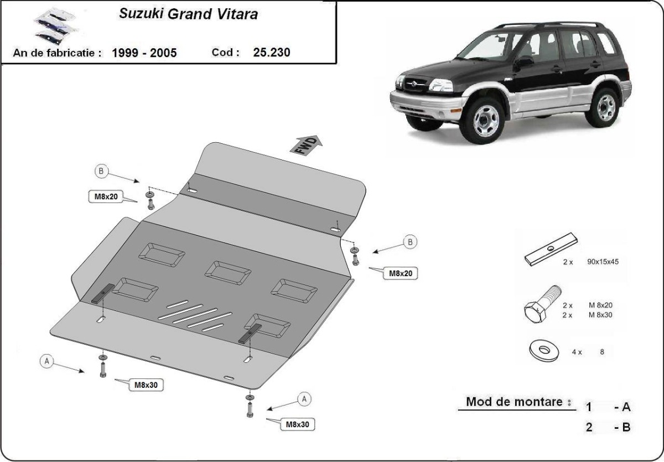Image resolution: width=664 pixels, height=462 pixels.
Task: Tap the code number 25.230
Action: (272, 53)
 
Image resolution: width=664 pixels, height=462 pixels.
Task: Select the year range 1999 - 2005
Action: (144, 53)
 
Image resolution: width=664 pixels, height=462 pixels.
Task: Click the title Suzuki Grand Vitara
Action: (188, 14)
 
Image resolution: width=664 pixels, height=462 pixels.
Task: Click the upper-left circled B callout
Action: (101, 171)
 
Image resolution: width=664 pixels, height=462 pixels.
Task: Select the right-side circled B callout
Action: (410, 242)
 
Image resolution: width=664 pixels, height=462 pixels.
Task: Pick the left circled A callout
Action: (47, 361)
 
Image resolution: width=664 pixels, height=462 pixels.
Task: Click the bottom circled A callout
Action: (303, 398)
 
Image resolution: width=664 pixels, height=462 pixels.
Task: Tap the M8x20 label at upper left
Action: (105, 196)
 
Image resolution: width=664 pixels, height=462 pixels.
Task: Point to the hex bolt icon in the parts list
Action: (539, 307)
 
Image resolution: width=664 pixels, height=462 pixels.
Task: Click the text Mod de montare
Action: (515, 402)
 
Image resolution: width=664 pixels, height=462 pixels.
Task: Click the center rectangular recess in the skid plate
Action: (227, 271)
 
